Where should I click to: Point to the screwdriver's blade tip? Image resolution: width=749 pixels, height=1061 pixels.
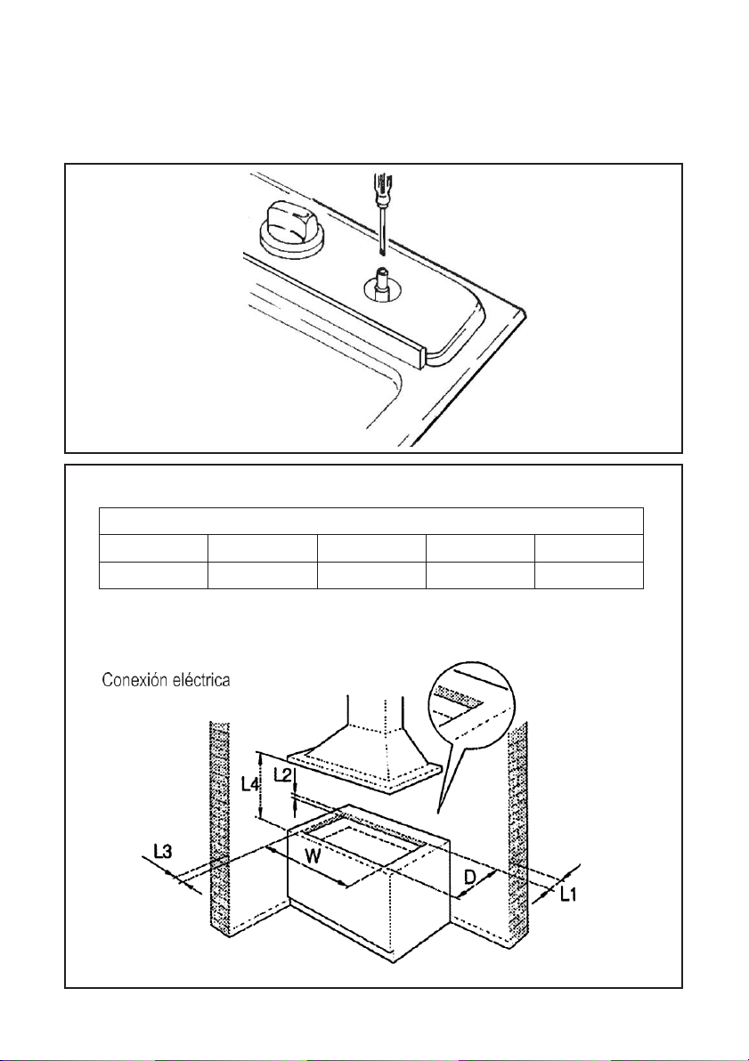click(383, 253)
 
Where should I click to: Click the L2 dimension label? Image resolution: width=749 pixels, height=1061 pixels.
click(283, 776)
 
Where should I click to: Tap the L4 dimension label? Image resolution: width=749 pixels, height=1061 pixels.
click(250, 785)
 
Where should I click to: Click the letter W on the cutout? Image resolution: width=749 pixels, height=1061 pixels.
click(313, 856)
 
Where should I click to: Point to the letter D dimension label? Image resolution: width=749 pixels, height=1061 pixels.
click(470, 878)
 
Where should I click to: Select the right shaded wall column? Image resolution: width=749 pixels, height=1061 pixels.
click(518, 829)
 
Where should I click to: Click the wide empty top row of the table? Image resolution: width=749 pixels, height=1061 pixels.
click(371, 521)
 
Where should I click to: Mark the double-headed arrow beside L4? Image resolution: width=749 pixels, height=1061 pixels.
click(261, 785)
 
